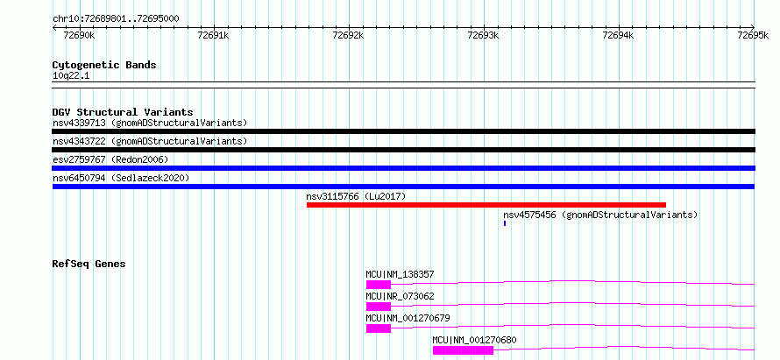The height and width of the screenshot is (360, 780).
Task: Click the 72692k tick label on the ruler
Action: click(349, 35)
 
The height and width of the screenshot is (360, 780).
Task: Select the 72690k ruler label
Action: click(80, 35)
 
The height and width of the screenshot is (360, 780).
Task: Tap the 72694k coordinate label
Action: click(619, 35)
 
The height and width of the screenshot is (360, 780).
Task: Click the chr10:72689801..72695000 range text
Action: click(116, 19)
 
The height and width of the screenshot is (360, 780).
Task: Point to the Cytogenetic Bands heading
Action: click(104, 65)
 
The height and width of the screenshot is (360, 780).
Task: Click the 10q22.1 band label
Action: click(71, 76)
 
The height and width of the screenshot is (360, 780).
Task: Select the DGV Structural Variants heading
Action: click(123, 112)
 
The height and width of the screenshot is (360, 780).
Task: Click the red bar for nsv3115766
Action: click(486, 205)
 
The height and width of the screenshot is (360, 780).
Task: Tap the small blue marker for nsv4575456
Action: click(505, 223)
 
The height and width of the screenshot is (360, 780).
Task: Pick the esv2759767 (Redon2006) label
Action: click(110, 159)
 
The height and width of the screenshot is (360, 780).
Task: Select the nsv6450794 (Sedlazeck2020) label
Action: click(121, 178)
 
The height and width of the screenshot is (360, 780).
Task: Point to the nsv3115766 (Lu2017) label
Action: click(356, 196)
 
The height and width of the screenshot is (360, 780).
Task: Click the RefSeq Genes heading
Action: click(89, 264)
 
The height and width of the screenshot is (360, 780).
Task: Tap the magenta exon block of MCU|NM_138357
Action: click(379, 285)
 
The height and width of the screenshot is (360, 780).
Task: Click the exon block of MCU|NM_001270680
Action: click(463, 350)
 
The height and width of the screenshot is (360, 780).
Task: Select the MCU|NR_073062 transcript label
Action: click(400, 296)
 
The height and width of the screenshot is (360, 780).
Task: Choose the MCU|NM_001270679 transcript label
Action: click(408, 318)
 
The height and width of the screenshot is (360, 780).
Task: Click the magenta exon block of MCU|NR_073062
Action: click(379, 307)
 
